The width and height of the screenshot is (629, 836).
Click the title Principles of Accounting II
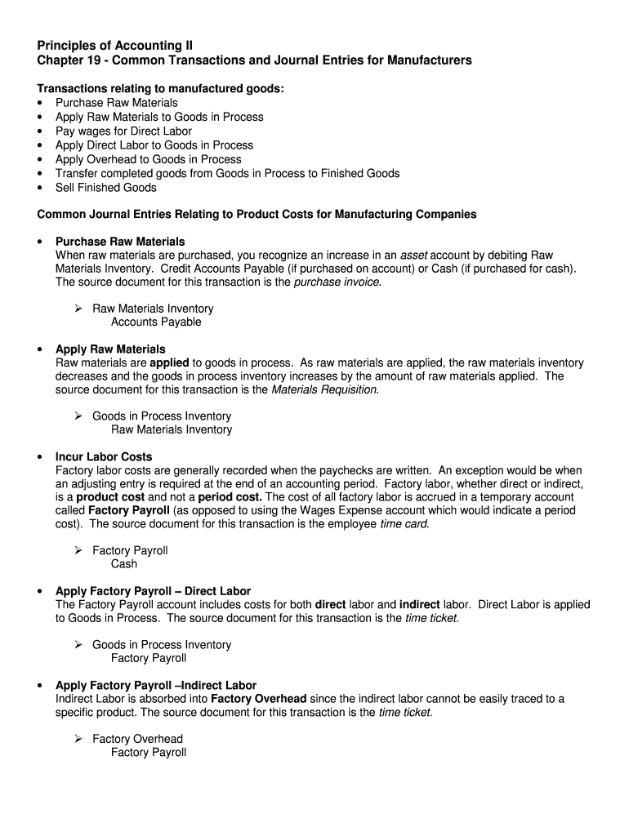[x=116, y=45]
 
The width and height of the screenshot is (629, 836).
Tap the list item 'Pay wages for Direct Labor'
[x=123, y=131]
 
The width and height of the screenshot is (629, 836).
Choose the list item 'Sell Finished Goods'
[x=105, y=187]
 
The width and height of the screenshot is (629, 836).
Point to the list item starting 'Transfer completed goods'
[x=227, y=173]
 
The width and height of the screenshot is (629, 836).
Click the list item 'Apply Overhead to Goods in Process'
[x=148, y=159]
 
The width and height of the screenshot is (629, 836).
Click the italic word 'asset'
[x=413, y=256]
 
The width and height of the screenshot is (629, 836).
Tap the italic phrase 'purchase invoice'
[x=337, y=282]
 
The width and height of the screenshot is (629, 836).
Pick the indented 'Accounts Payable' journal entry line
[x=156, y=322]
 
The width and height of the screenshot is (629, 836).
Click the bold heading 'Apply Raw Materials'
[x=110, y=349]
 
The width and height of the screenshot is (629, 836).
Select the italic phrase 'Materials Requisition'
[x=324, y=389]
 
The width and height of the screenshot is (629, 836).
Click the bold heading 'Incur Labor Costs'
[x=104, y=456]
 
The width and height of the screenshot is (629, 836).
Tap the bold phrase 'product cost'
[x=110, y=496]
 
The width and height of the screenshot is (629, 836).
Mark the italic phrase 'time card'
[x=404, y=523]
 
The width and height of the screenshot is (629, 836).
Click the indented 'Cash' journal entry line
[x=124, y=563]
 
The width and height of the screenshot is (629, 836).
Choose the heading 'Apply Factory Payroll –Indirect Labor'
[x=155, y=685]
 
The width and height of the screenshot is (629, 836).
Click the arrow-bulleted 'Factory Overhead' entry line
[x=137, y=739]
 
